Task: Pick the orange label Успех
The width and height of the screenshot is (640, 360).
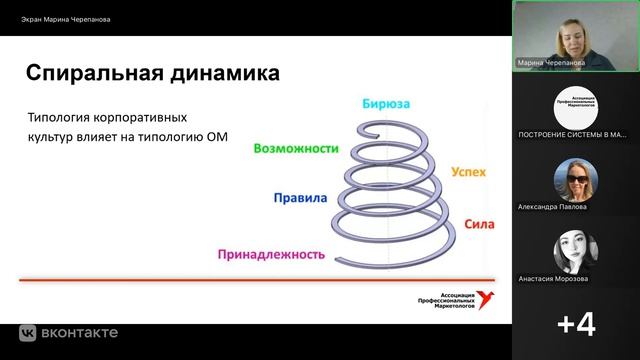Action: (468, 172)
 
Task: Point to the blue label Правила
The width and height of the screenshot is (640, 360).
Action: (299, 198)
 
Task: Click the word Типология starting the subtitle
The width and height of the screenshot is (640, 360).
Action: (61, 118)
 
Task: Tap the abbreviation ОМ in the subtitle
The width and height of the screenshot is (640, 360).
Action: (217, 138)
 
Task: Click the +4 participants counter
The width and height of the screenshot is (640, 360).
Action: (576, 324)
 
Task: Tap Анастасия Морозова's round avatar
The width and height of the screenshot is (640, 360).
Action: (576, 252)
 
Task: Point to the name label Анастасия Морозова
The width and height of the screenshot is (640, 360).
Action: (553, 279)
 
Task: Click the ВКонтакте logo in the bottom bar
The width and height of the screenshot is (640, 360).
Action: (70, 332)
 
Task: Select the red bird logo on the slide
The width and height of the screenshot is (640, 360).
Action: (486, 297)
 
